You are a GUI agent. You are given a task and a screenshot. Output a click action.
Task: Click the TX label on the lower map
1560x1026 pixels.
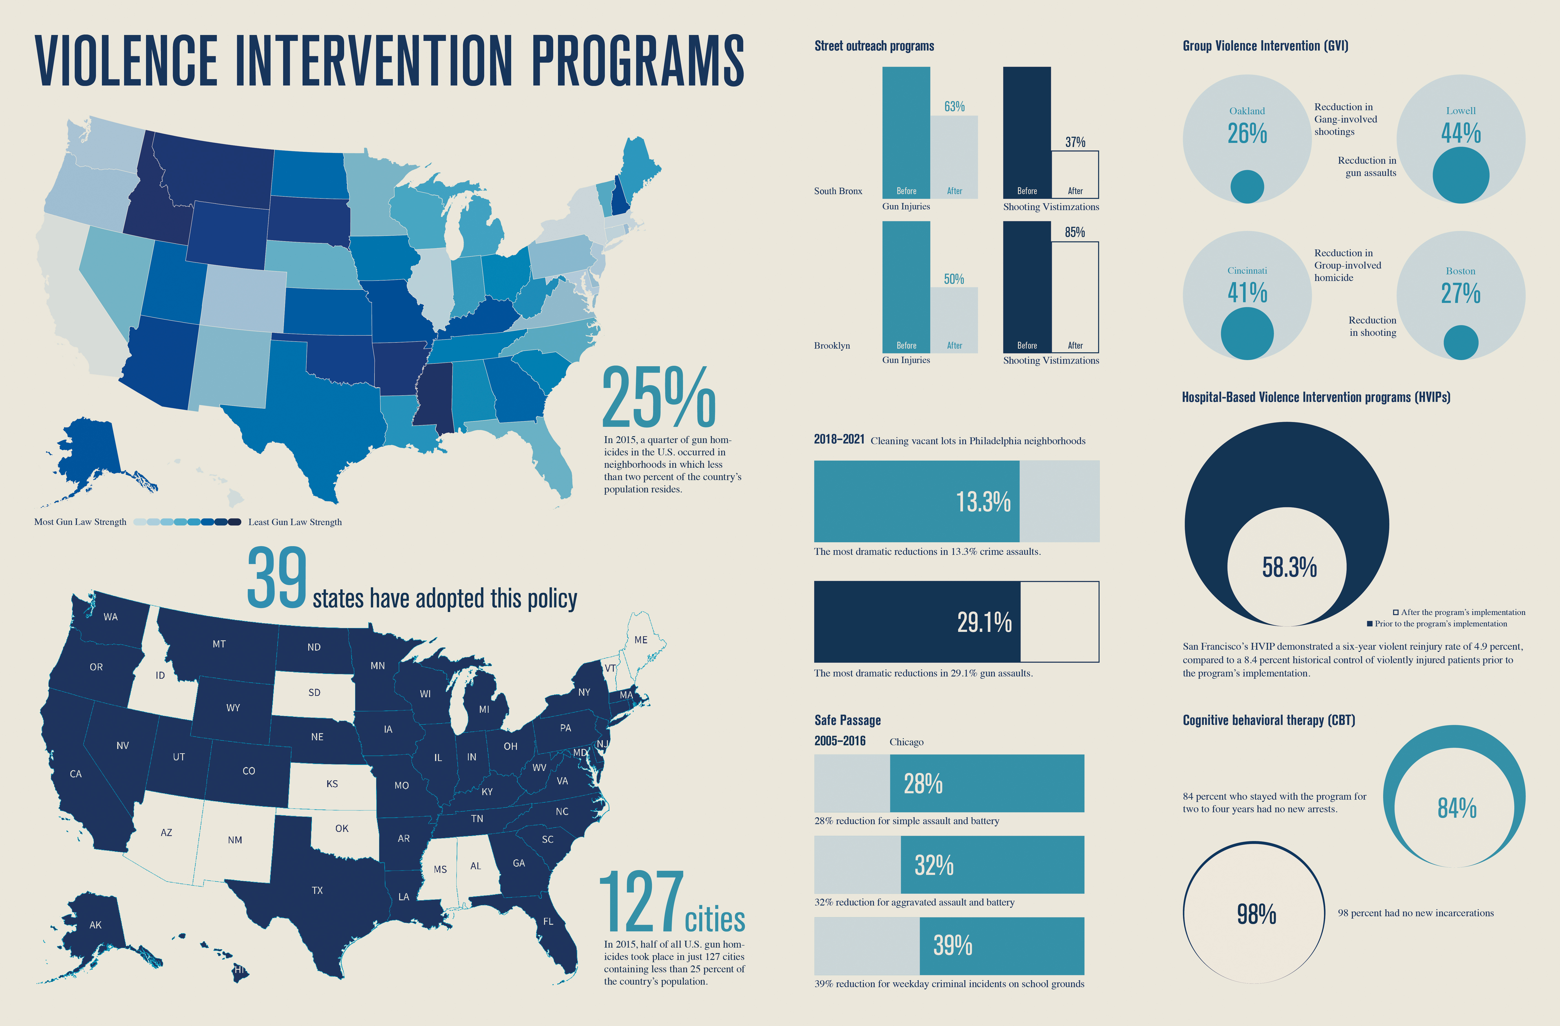pos(317,890)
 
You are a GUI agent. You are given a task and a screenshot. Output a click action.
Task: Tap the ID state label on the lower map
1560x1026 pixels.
pos(160,675)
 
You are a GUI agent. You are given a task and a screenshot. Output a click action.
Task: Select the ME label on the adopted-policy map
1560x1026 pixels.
pos(640,640)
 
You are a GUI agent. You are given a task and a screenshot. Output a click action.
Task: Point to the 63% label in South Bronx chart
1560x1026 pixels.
pos(954,106)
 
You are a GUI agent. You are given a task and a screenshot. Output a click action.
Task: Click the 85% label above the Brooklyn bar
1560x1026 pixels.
pos(1075,232)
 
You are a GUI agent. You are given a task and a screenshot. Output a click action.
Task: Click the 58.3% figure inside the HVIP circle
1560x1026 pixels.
pos(1289,568)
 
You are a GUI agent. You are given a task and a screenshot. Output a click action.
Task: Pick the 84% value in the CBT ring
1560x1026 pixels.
pos(1456,808)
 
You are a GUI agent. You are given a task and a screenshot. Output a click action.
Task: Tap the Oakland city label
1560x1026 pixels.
pos(1247,111)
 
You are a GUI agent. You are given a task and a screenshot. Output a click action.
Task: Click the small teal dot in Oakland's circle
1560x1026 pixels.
pos(1247,187)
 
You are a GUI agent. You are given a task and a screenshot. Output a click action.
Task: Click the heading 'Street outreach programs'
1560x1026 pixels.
pos(874,46)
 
